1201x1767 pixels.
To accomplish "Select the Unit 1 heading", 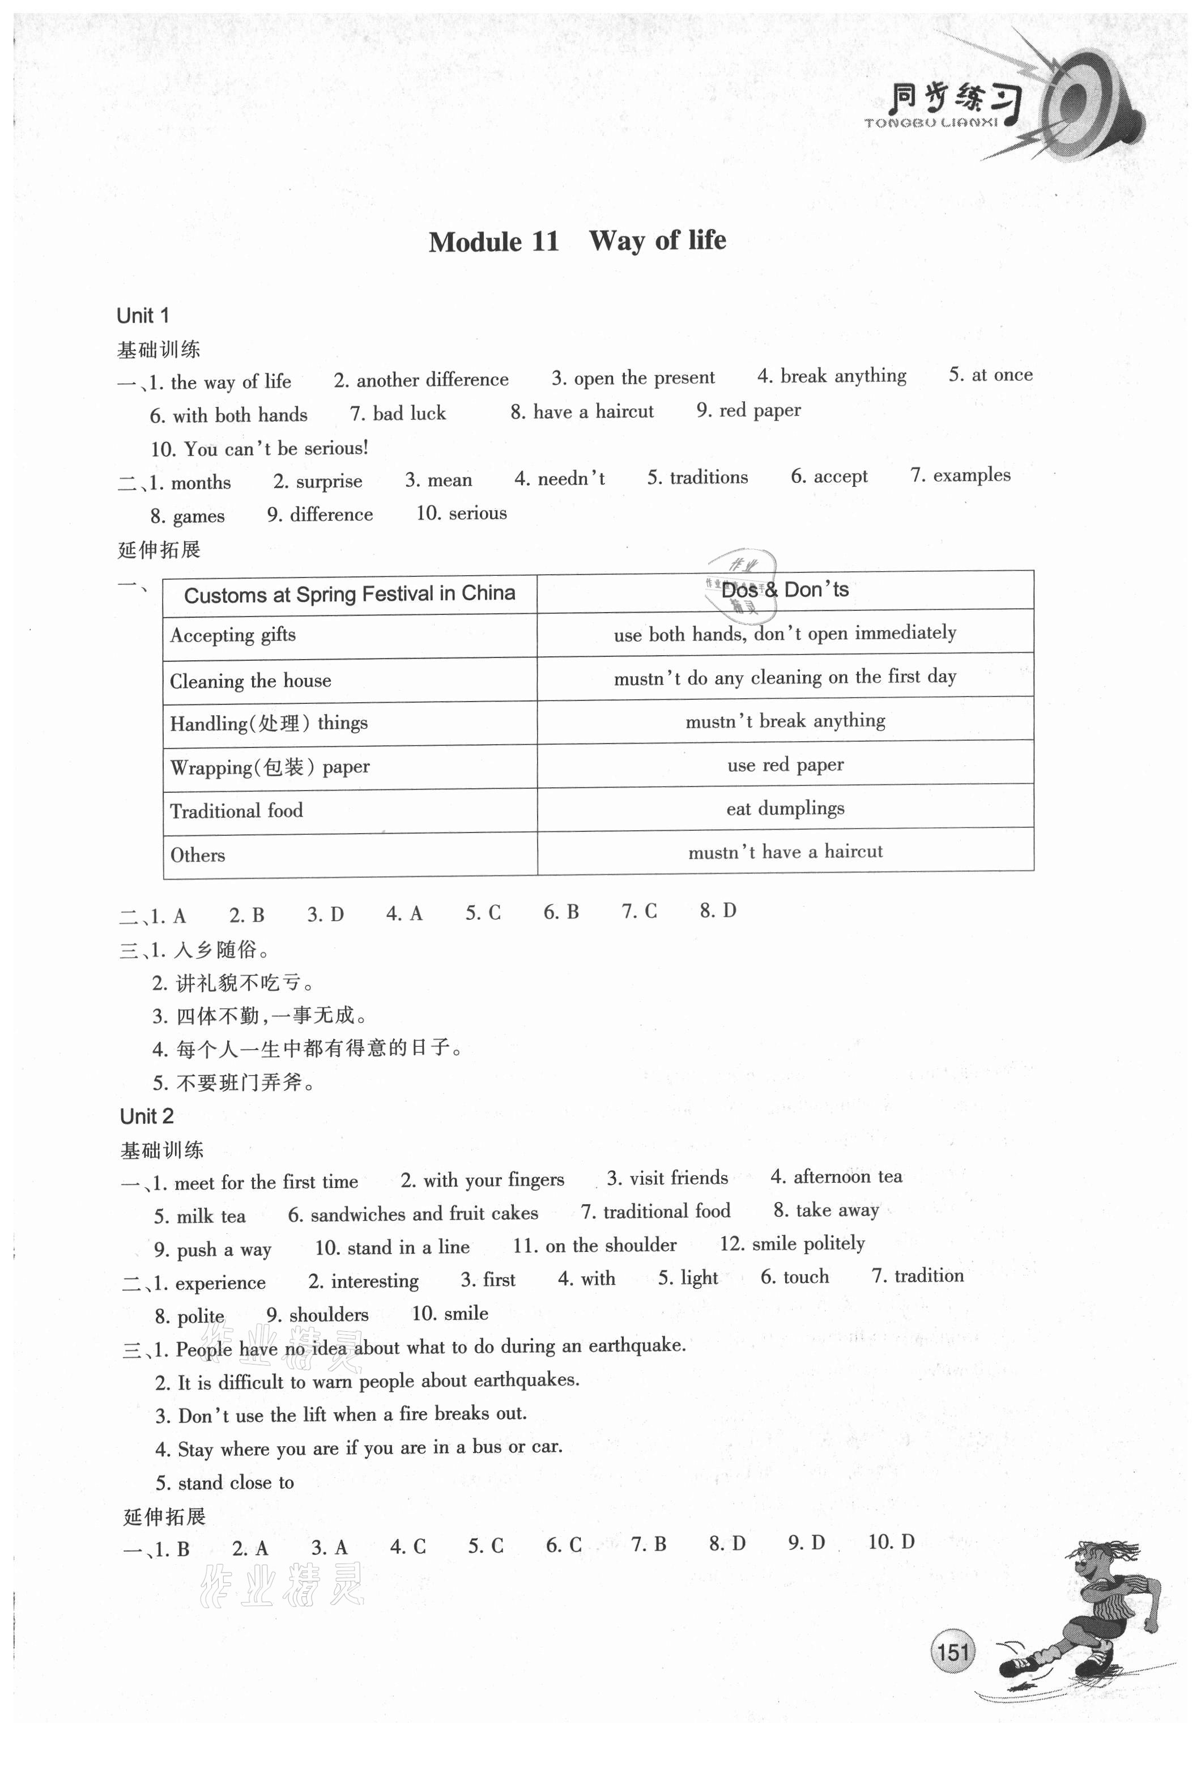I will point(143,316).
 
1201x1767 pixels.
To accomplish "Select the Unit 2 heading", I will point(147,1116).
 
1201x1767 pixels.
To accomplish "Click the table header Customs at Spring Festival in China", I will point(349,594).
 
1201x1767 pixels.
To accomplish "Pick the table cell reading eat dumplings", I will point(785,808).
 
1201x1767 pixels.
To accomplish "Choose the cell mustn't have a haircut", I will point(785,852).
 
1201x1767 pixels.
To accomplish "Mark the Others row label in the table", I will point(198,855).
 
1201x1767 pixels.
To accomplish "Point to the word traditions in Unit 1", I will point(707,478).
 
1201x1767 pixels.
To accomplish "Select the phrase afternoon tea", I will point(847,1177).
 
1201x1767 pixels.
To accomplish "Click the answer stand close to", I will point(235,1483).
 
